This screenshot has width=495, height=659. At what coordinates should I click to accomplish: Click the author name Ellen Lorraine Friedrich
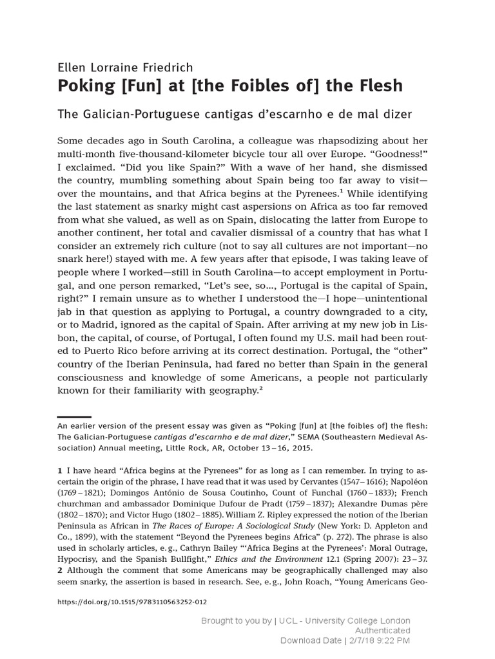(x=125, y=68)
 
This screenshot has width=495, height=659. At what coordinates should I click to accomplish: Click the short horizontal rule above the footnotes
(x=74, y=417)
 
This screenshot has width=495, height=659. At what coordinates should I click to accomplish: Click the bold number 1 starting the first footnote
(x=60, y=472)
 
